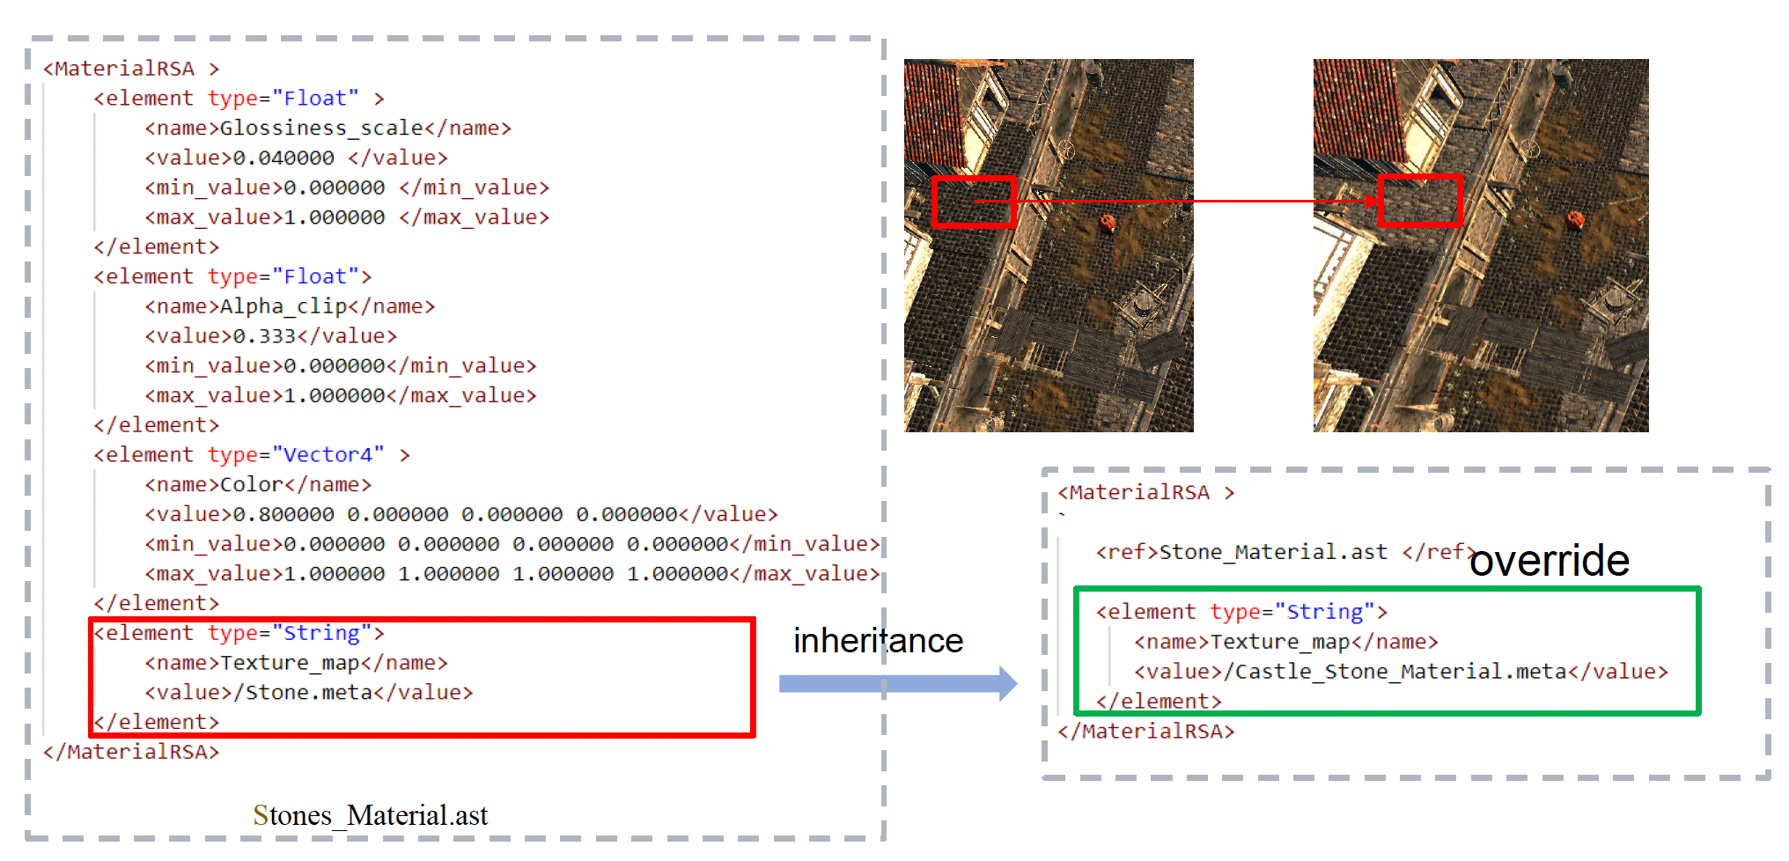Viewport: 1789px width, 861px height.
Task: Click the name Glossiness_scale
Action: tap(321, 129)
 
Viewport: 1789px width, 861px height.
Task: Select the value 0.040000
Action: tap(283, 158)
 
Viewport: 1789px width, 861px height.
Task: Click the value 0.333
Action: tap(264, 336)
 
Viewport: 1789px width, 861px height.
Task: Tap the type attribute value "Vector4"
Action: tap(328, 455)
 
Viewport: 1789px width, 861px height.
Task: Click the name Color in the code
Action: tap(251, 485)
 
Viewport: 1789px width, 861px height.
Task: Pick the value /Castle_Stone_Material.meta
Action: tap(1401, 673)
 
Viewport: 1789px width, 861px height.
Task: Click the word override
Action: tap(1550, 561)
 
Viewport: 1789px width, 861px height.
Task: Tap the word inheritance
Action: tap(878, 641)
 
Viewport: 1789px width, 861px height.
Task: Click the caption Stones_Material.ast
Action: tap(370, 815)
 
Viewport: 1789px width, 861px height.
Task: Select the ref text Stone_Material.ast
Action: tap(1273, 552)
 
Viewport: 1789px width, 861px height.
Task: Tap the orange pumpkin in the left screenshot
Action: tap(1108, 222)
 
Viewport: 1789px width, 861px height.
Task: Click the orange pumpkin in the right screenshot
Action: tap(1575, 217)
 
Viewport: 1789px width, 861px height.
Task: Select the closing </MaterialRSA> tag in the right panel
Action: tap(1145, 732)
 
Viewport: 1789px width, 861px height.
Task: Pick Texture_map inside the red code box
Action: tap(290, 663)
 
